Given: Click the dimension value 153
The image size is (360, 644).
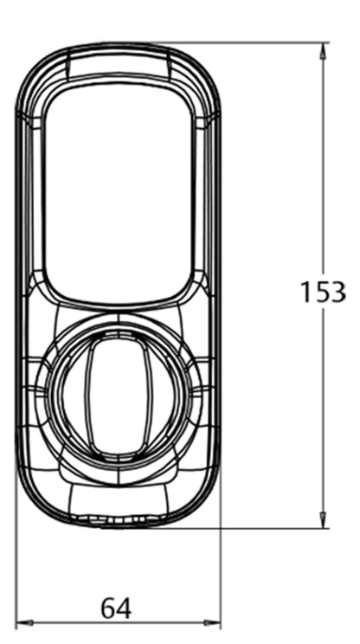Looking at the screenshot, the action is [323, 292].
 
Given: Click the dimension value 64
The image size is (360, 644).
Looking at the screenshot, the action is [116, 609].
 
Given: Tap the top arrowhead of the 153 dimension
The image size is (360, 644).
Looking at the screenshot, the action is [323, 51].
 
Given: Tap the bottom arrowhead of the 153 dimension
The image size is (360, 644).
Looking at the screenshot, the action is [323, 519].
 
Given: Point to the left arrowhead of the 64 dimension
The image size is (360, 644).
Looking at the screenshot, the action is [24, 623].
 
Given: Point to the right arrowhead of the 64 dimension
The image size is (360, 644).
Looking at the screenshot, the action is [212, 623].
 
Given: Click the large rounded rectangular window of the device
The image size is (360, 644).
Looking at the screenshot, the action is [118, 194].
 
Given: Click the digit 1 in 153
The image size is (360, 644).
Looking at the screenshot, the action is [306, 292].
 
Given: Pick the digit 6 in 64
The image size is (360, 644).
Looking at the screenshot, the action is [108, 609].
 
